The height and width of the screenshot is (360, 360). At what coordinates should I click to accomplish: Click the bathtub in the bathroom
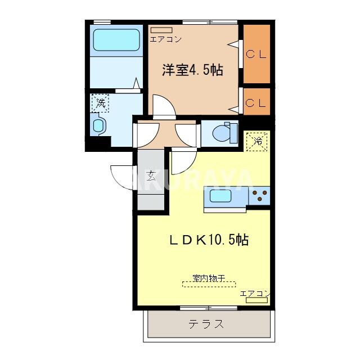coord(116,40)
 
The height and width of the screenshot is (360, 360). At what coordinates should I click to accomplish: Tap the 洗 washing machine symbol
coord(101,103)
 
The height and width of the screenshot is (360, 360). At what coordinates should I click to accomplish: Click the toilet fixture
coord(226,131)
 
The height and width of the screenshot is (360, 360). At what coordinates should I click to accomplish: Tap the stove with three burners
coord(260,196)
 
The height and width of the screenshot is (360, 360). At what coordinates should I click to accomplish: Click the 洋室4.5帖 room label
coord(192,70)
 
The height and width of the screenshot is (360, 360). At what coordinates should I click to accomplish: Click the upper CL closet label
coord(256,55)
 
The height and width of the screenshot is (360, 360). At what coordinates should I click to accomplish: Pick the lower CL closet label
coord(256,103)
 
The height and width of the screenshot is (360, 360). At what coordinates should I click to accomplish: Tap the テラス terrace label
coord(206,325)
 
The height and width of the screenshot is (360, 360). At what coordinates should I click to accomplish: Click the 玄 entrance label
coord(151,175)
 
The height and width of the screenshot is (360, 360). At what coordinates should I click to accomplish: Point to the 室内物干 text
coord(209,277)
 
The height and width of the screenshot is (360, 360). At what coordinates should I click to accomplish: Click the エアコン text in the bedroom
coord(165,39)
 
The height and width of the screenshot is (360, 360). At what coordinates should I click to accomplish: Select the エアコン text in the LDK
coord(255,294)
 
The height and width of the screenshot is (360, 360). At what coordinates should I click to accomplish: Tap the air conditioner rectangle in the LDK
coord(256,301)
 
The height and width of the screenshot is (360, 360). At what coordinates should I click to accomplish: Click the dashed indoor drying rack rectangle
coord(209,284)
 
